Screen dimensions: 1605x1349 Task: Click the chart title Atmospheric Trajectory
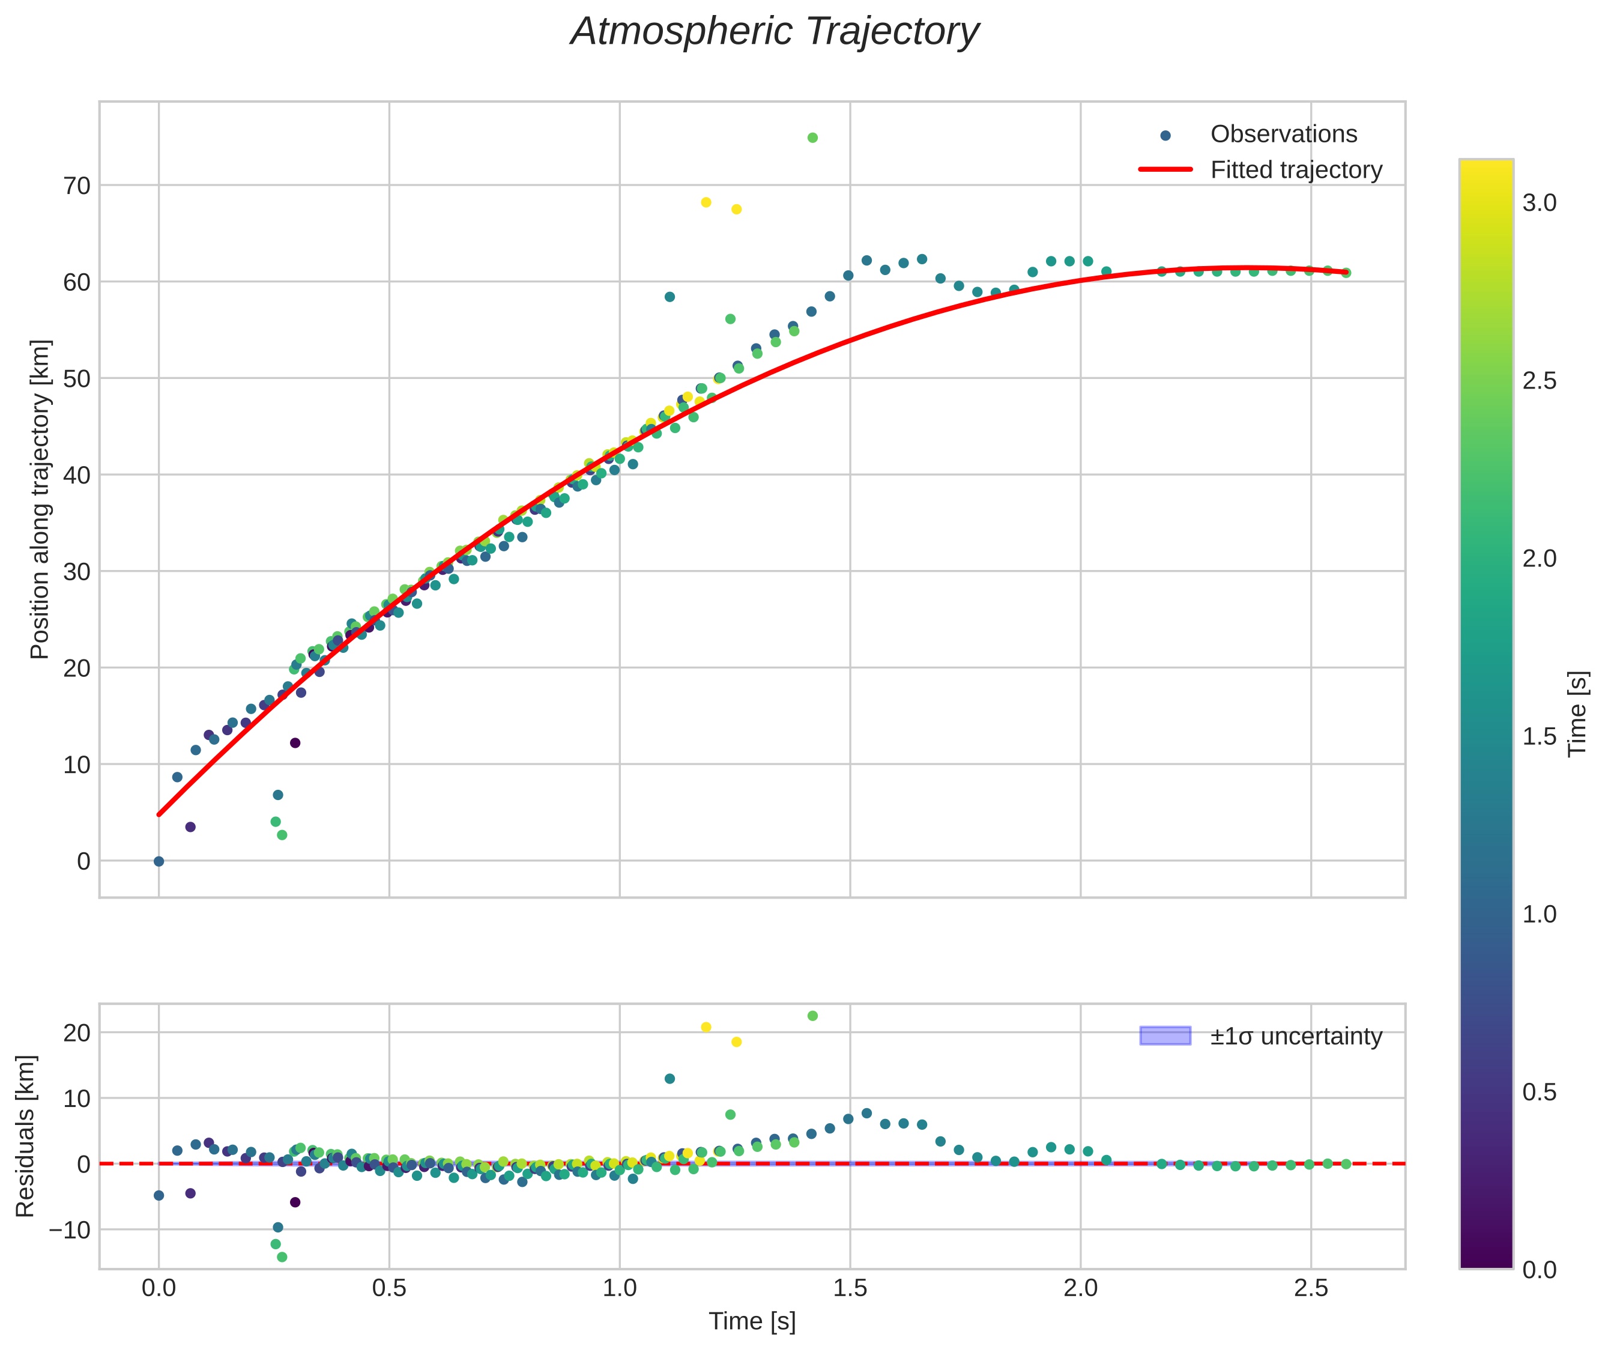point(775,31)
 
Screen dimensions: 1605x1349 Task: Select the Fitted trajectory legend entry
point(1261,170)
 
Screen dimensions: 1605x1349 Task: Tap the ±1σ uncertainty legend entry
point(1261,1036)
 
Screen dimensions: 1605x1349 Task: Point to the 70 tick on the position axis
point(76,185)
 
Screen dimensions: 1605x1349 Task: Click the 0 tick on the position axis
point(83,861)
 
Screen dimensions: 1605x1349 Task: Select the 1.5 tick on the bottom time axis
point(850,1288)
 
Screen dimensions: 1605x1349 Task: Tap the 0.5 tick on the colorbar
point(1539,1092)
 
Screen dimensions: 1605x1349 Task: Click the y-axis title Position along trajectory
point(40,499)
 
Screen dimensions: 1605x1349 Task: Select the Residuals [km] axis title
point(25,1136)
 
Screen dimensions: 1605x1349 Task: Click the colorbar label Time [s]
point(1578,714)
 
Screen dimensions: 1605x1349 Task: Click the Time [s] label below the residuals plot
point(752,1321)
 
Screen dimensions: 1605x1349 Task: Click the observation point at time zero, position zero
point(159,861)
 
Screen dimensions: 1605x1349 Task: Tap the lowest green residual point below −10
point(282,1257)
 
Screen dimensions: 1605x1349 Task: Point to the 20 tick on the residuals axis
point(76,1032)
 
